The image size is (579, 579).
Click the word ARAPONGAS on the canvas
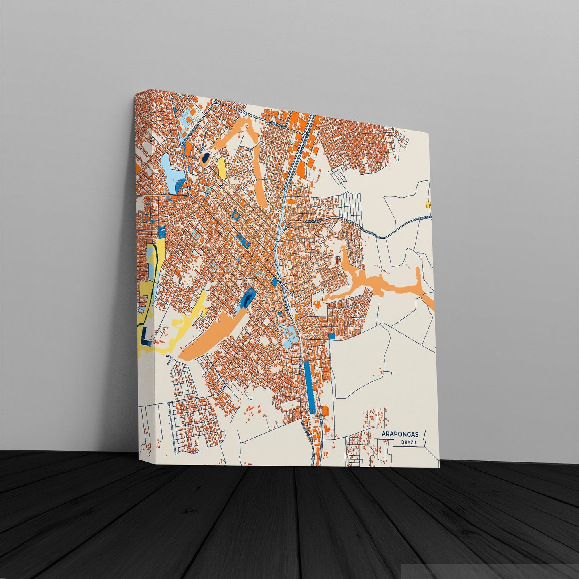tap(399, 434)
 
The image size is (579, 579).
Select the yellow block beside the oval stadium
tap(222, 167)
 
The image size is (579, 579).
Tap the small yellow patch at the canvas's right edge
tap(428, 205)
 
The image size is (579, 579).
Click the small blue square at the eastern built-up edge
tap(331, 336)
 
